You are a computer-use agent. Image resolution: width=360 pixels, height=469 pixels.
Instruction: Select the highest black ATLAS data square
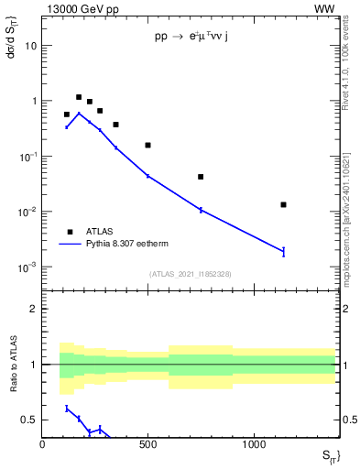point(79,97)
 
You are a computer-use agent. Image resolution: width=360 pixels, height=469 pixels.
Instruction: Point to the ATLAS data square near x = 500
point(147,145)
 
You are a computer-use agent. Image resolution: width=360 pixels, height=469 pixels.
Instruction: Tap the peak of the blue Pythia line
point(79,114)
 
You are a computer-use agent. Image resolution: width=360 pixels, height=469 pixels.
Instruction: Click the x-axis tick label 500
point(147,444)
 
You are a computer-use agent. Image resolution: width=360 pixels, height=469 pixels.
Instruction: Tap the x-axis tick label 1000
point(254,444)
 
